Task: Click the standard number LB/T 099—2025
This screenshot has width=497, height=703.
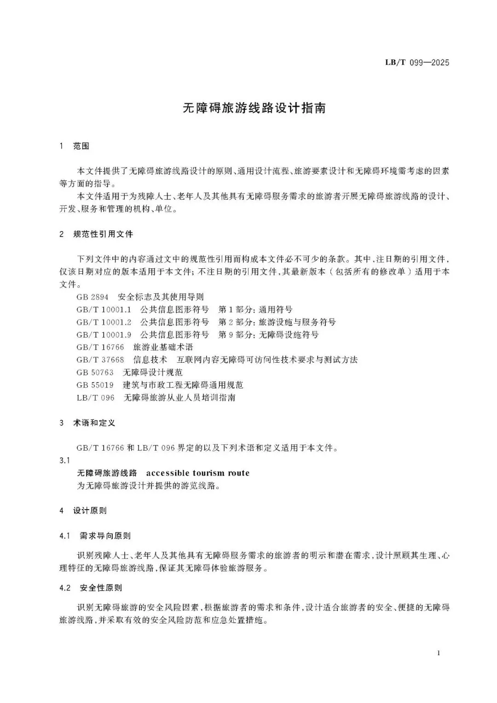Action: click(417, 63)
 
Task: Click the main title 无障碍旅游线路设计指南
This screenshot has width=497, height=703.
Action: click(254, 108)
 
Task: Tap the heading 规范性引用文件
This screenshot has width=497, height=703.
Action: click(103, 234)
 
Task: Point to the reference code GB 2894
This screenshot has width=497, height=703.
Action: click(92, 297)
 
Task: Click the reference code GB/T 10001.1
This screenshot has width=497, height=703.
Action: click(104, 309)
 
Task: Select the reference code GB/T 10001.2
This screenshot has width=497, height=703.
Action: click(104, 322)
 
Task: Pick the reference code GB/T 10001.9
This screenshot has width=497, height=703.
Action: click(104, 335)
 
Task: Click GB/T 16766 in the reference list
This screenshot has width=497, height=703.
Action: click(100, 347)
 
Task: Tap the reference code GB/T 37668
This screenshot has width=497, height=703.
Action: click(100, 360)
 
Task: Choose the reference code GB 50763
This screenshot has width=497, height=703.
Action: click(95, 372)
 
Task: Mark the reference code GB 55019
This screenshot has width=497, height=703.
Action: click(95, 385)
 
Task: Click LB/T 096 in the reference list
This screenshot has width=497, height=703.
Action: click(96, 397)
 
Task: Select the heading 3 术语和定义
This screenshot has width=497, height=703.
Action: click(87, 423)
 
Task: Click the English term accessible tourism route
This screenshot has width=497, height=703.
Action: click(198, 473)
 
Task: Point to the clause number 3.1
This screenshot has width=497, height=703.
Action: click(64, 460)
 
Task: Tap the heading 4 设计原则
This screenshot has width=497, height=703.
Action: click(83, 511)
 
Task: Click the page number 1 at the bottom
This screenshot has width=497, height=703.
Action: click(439, 653)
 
